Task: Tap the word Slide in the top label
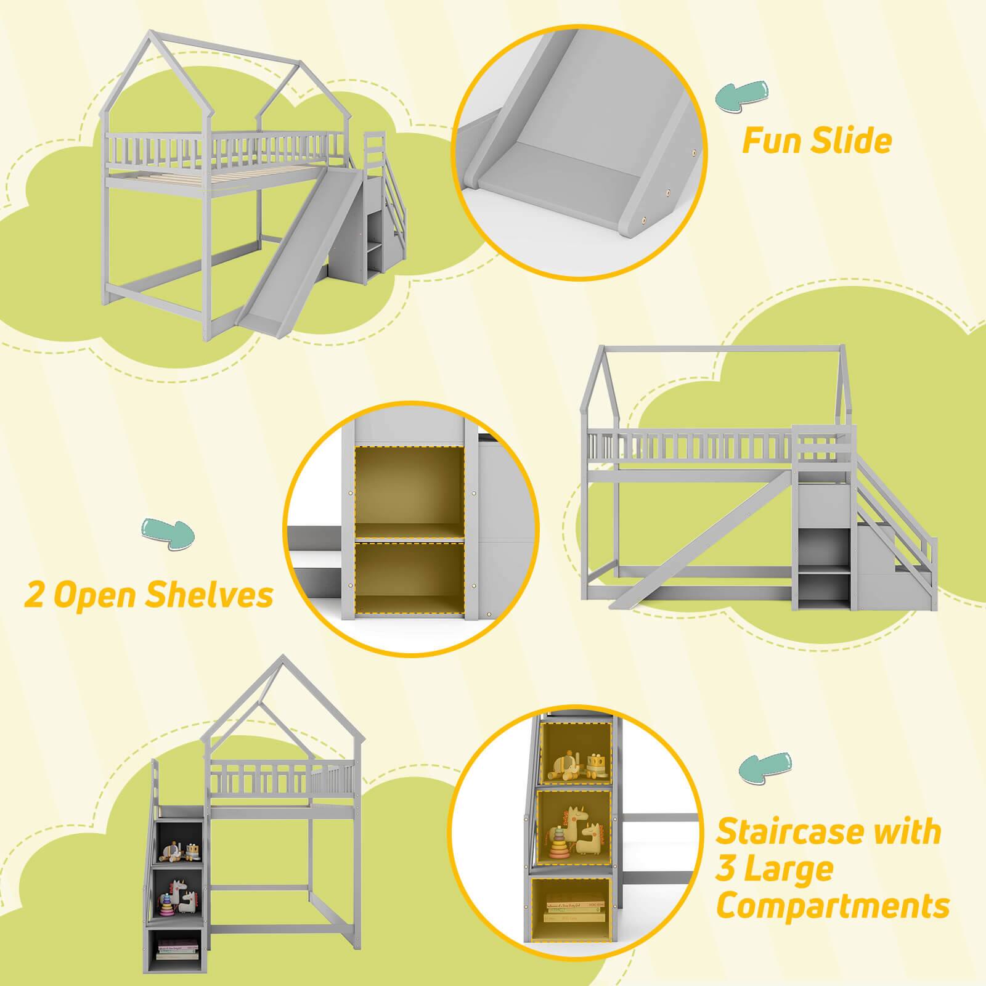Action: (x=852, y=141)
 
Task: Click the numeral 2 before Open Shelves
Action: (x=35, y=596)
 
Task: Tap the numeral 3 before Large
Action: (x=729, y=869)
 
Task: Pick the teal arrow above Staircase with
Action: (x=765, y=769)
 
